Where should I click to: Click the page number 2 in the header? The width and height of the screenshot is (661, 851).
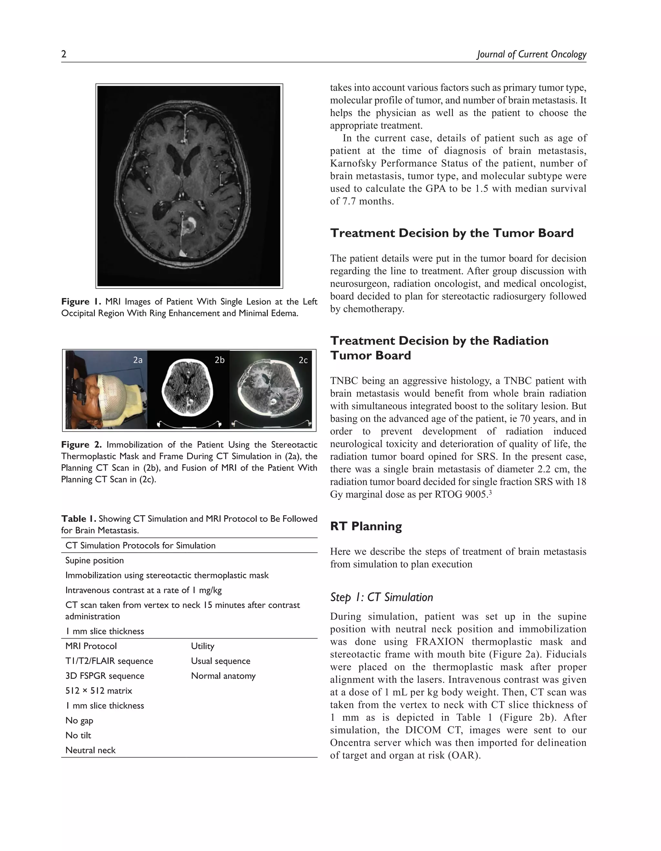tap(64, 54)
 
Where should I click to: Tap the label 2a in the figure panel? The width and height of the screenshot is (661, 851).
tap(138, 360)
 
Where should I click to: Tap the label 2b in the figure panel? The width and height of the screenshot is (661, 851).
tap(219, 360)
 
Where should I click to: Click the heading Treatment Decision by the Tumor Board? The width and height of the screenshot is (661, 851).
tap(452, 233)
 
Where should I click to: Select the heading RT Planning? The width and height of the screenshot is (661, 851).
tap(366, 526)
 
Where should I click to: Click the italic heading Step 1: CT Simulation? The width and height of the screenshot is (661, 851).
tap(381, 597)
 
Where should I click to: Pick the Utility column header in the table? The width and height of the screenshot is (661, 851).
tap(202, 646)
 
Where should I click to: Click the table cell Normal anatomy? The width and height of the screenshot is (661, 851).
tap(223, 676)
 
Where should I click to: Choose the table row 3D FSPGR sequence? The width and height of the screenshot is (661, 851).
tap(105, 676)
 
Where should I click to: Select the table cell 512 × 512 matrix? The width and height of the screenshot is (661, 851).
tap(98, 691)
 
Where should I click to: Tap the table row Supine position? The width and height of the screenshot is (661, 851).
tap(94, 560)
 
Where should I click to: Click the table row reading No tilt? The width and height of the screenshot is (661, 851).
tap(78, 735)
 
